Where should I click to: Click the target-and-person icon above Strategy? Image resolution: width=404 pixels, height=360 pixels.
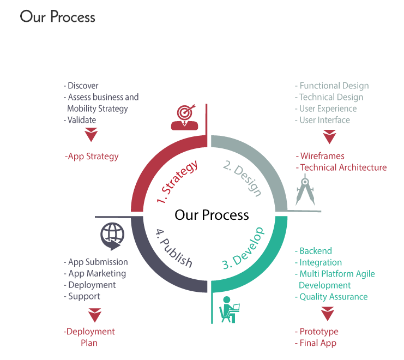(x=184, y=117)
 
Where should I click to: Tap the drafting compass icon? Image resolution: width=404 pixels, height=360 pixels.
(x=305, y=190)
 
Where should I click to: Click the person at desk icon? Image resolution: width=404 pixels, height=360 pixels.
(x=230, y=309)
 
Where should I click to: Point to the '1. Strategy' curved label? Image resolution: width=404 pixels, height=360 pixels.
(x=178, y=181)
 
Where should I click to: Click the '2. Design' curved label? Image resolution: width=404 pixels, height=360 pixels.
(x=243, y=178)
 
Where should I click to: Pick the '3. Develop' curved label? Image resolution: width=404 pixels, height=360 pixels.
(x=243, y=248)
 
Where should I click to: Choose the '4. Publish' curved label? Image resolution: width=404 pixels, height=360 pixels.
(x=174, y=248)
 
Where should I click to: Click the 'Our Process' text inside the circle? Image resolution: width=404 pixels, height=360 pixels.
(x=212, y=215)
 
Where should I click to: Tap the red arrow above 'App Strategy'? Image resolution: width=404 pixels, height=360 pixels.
(x=91, y=135)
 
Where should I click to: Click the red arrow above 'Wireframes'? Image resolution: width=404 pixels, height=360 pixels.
(x=329, y=137)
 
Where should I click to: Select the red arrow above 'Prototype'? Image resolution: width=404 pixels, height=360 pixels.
(x=328, y=314)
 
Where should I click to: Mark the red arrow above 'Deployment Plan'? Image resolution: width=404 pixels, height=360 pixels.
(x=94, y=315)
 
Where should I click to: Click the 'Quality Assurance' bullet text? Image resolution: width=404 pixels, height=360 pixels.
(x=331, y=297)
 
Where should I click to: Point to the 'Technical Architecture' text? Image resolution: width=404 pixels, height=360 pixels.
(x=341, y=167)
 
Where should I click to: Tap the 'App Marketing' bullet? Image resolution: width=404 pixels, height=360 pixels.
(x=95, y=273)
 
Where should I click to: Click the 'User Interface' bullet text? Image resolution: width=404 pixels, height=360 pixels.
(x=322, y=120)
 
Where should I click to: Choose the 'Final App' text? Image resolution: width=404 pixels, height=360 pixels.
(x=316, y=343)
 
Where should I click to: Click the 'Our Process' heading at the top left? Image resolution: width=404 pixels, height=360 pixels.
(x=57, y=17)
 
